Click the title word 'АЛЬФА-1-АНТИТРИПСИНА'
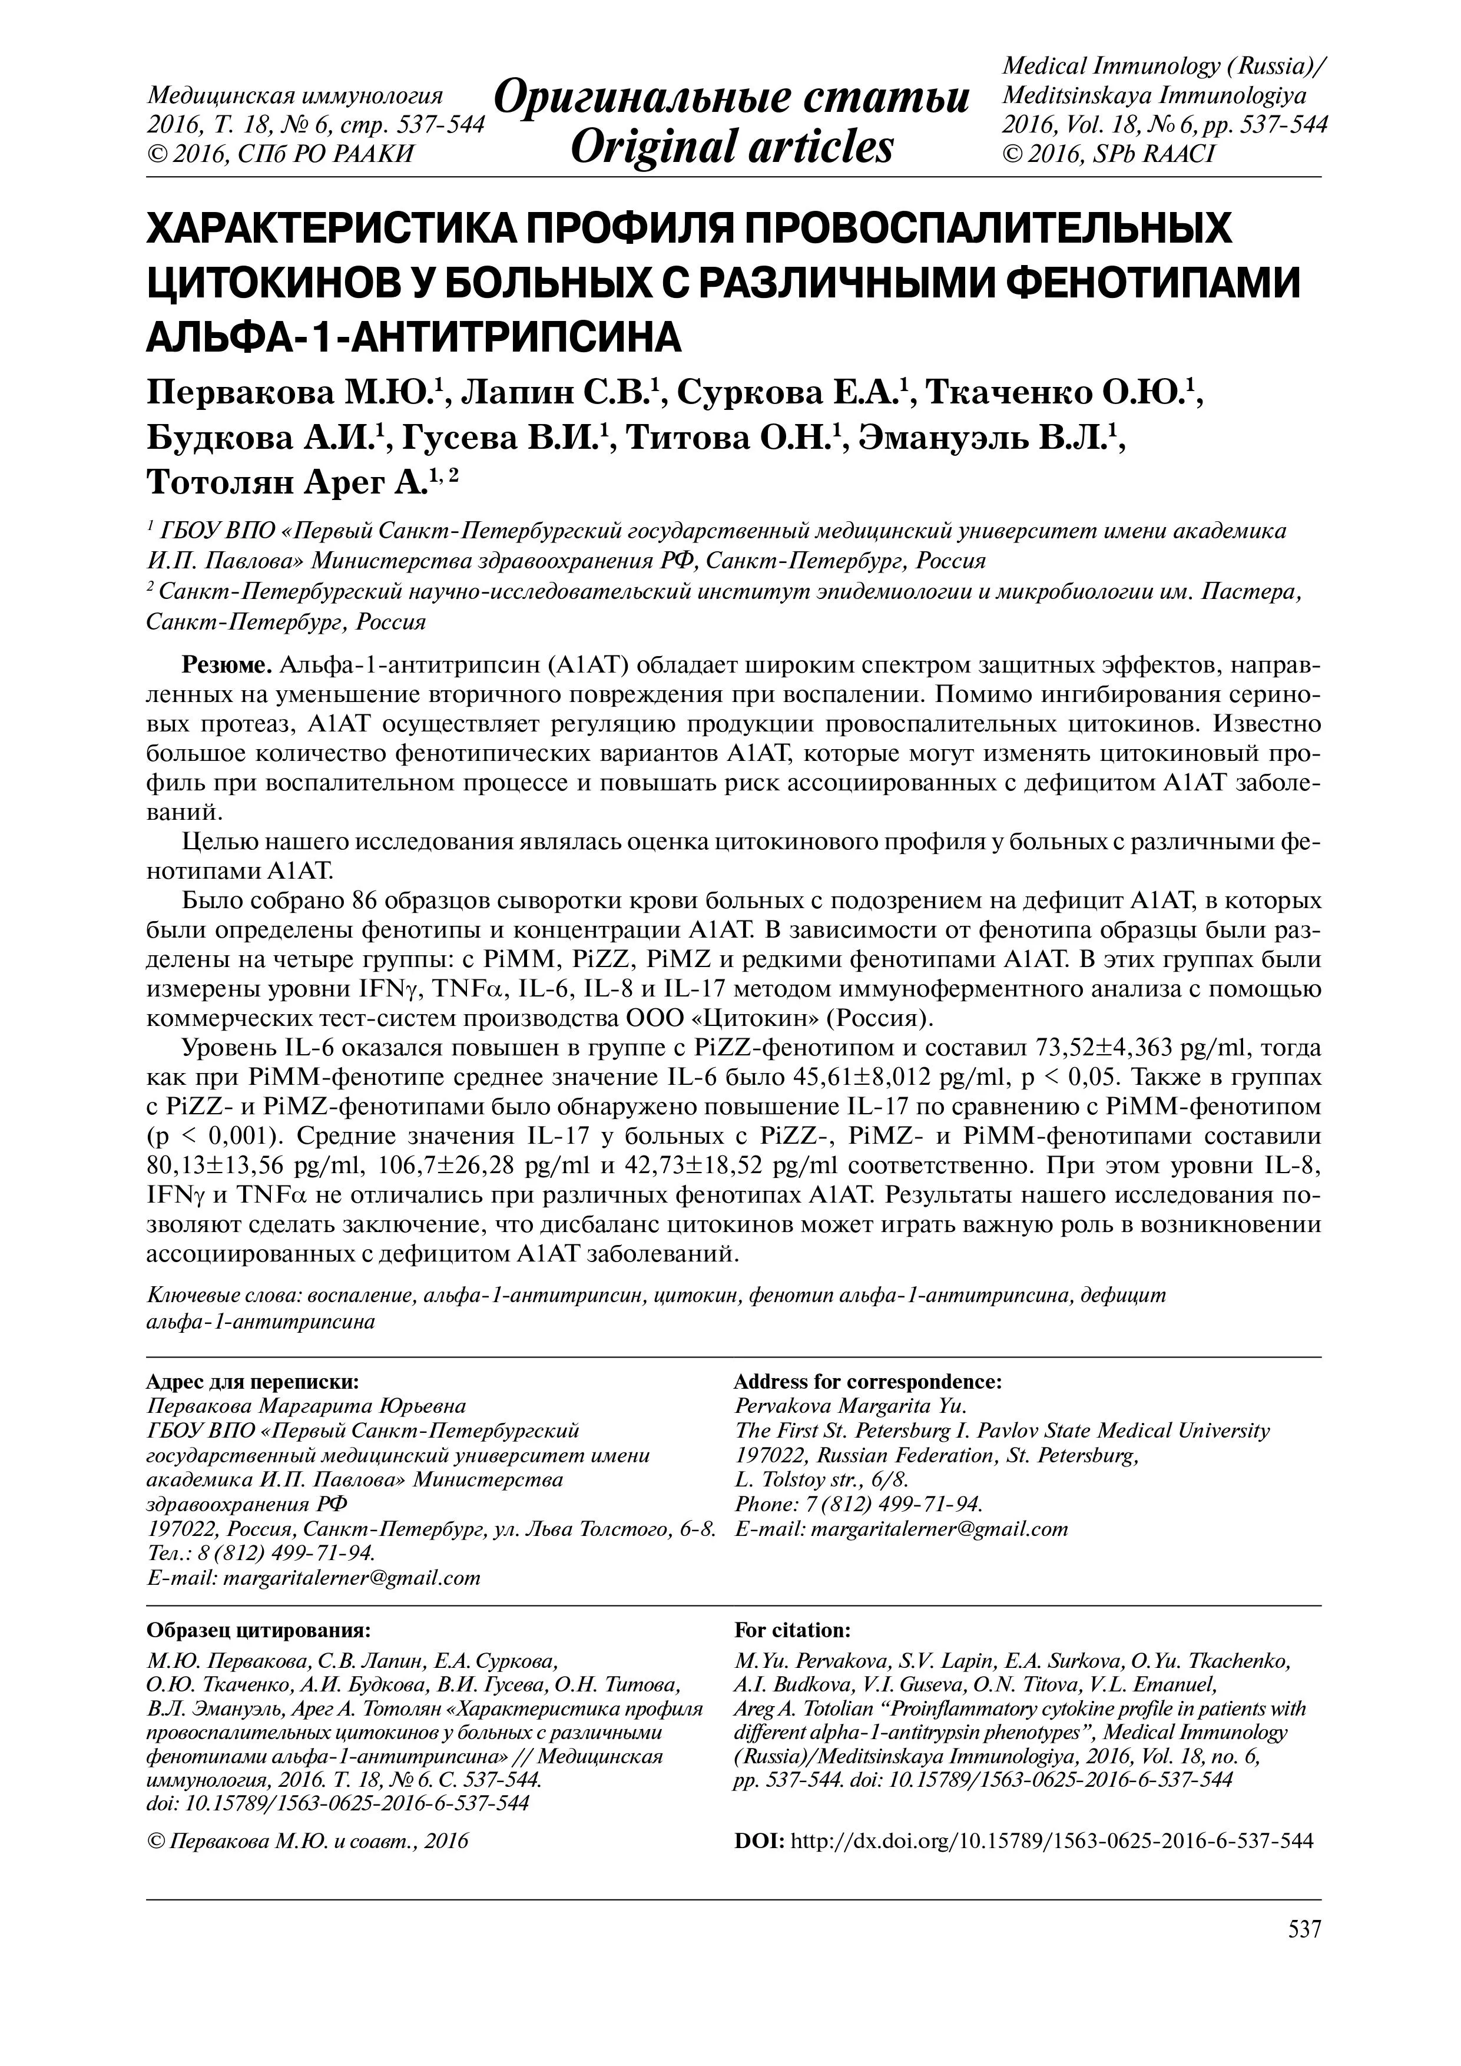[x=414, y=336]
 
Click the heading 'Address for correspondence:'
[x=867, y=1381]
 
